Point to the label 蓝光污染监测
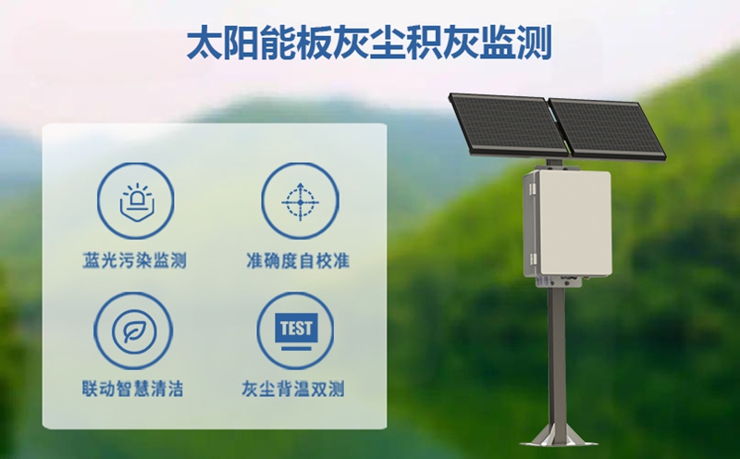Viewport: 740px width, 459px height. click(134, 261)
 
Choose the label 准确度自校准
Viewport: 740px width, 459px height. click(298, 261)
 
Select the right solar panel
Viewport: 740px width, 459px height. click(605, 128)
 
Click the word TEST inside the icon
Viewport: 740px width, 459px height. click(297, 327)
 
